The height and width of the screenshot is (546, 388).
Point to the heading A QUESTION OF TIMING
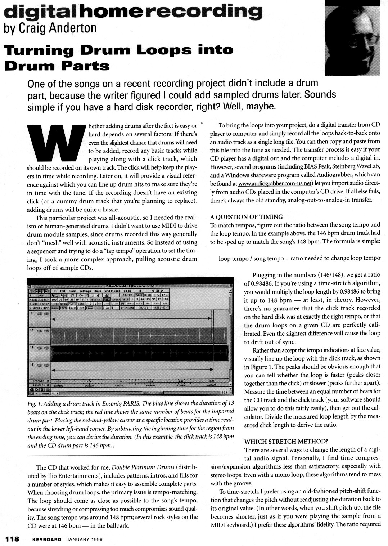[247, 217]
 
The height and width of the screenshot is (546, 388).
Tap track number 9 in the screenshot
[32, 313]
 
